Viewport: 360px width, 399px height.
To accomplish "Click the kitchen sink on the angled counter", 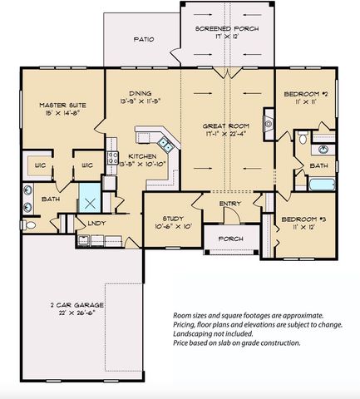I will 166,145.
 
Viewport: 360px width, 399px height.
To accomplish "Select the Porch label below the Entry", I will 229,239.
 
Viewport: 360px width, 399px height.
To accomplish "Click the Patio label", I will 144,39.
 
